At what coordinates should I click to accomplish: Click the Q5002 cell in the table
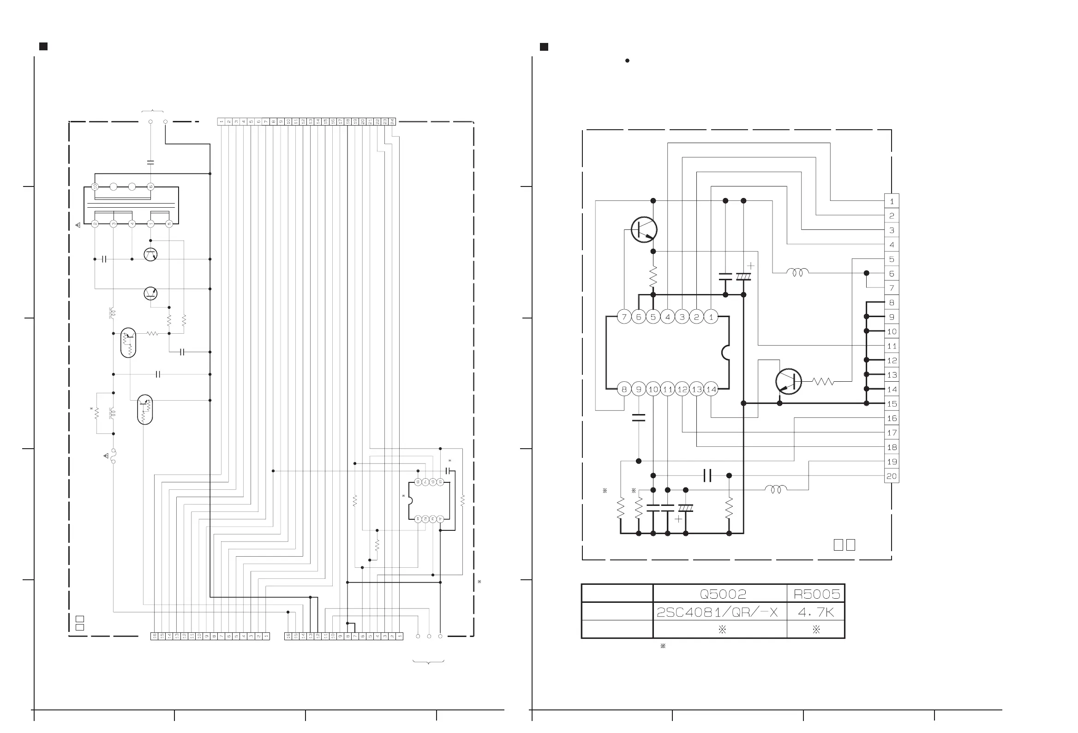coord(723,594)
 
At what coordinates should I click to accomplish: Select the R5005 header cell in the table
coord(816,594)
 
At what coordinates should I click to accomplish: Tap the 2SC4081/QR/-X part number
coord(717,613)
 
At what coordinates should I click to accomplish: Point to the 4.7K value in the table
coord(816,613)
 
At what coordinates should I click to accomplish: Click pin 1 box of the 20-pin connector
coord(892,201)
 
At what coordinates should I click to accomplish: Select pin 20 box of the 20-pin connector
coord(892,476)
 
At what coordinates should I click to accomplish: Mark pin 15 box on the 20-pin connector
coord(892,403)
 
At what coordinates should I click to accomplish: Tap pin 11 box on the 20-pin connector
coord(892,346)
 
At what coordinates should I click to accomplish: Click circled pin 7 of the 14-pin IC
coord(624,317)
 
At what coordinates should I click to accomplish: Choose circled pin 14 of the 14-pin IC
coord(711,389)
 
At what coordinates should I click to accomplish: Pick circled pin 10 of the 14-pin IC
coord(653,389)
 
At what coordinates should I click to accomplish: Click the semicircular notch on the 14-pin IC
coord(725,353)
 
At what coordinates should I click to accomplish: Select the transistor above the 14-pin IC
coord(644,229)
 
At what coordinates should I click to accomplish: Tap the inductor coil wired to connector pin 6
coord(797,272)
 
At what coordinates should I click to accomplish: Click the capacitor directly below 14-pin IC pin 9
coord(639,418)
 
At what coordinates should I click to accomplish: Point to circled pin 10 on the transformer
coord(95,186)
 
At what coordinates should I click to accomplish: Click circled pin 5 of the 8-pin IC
coord(440,482)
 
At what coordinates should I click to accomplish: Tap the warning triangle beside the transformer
coord(78,225)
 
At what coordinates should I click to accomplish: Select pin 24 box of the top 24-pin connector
coord(392,121)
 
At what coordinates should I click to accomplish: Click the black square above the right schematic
coord(544,47)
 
